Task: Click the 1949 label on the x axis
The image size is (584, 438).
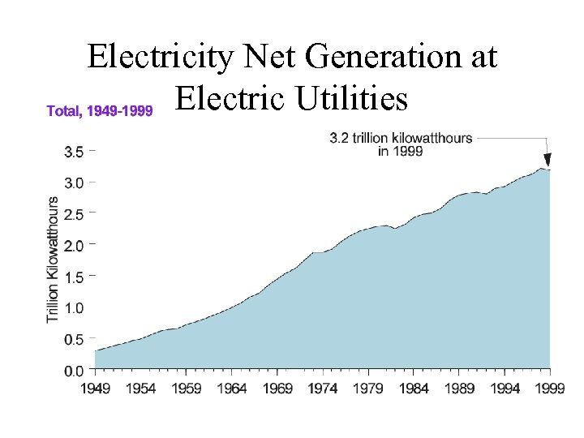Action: (95, 389)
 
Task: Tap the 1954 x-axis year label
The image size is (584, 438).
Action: (140, 389)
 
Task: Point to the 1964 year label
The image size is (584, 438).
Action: (232, 389)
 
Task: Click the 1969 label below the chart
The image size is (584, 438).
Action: (277, 389)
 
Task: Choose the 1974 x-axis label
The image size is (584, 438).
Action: (323, 389)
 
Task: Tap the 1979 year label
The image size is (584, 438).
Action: (368, 389)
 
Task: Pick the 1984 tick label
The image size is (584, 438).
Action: (414, 389)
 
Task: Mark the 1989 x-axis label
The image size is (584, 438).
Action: (460, 389)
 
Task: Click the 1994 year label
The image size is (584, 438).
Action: (505, 389)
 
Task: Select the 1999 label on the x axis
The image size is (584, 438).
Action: (550, 389)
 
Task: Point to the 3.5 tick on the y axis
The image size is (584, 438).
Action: (74, 151)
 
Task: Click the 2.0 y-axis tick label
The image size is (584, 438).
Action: (74, 245)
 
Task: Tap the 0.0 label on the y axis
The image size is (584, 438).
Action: (74, 371)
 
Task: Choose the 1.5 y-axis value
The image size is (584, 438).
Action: (74, 277)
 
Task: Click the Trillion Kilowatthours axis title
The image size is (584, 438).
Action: (53, 259)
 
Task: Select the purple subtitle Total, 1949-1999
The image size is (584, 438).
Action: (100, 110)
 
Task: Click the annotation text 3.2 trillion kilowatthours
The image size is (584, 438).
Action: (401, 138)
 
